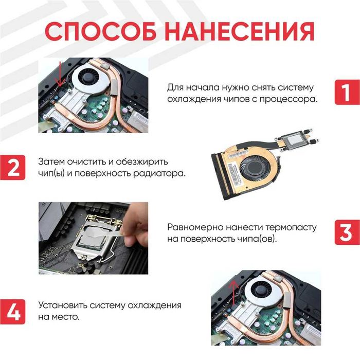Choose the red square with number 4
13,310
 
